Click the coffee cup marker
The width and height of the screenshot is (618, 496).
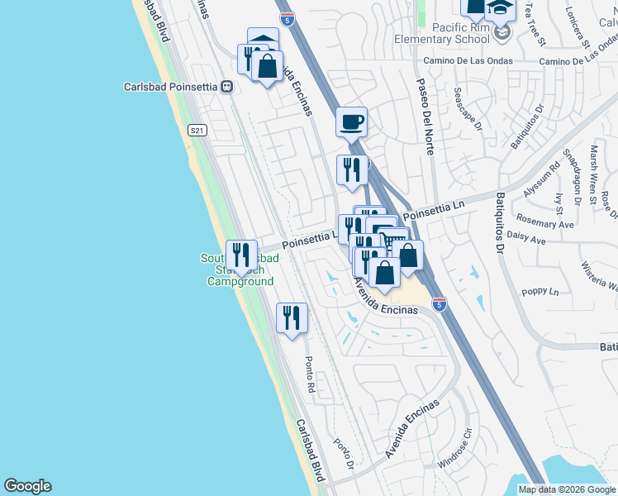[x=351, y=122]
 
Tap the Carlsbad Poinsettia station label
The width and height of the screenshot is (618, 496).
[x=171, y=86]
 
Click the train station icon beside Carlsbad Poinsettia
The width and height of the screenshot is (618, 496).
[x=225, y=86]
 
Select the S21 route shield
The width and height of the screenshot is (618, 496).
[x=197, y=130]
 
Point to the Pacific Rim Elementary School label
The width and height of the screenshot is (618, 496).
[x=446, y=33]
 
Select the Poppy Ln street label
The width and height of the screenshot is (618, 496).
[x=541, y=292]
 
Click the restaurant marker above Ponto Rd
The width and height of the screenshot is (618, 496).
[x=292, y=317]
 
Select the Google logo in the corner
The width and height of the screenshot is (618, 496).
[x=27, y=486]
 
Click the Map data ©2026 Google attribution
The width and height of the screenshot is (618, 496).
[x=567, y=489]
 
